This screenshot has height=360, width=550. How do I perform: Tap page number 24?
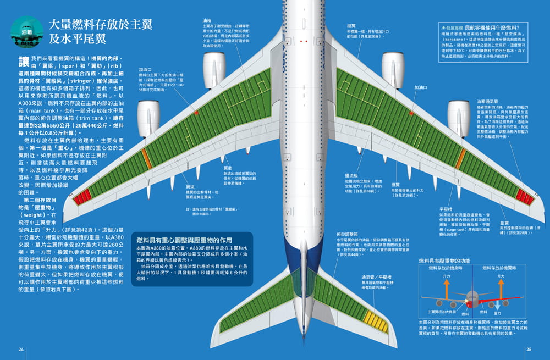click(21, 349)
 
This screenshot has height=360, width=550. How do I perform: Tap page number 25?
click(529, 349)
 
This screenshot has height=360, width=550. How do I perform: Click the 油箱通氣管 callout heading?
click(488, 102)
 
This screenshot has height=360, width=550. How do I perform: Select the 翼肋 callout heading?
click(227, 167)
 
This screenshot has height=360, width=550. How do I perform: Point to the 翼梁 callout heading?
click(190, 186)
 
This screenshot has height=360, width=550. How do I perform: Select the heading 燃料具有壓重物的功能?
click(444, 261)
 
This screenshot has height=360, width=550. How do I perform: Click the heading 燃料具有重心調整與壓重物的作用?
click(186, 241)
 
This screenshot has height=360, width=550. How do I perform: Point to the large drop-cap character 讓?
click(24, 62)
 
